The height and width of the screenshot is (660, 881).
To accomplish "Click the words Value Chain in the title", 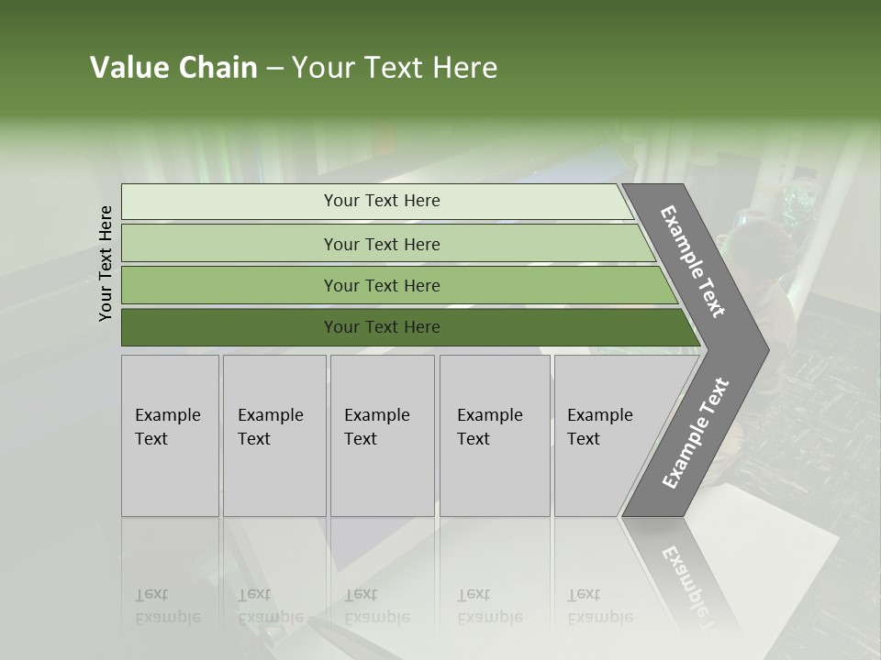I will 173,68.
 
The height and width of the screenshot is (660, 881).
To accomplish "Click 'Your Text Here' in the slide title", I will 395,68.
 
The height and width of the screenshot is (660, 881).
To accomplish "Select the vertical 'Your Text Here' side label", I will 106,263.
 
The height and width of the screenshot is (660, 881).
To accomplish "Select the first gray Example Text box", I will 170,435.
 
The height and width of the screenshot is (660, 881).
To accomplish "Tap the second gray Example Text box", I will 274,435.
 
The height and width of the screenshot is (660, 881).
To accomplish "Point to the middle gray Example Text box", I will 382,435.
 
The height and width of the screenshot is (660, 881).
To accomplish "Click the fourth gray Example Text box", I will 495,435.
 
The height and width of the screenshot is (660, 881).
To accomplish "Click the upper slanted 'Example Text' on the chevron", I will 693,261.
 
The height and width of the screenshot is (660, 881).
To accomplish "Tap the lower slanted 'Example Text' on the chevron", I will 696,433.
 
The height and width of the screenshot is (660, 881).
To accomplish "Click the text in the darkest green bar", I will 382,327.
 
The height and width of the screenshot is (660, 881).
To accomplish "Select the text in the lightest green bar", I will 382,201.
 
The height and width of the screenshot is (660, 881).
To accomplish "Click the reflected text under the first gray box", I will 167,607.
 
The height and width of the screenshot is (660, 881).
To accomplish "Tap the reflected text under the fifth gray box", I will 599,607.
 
